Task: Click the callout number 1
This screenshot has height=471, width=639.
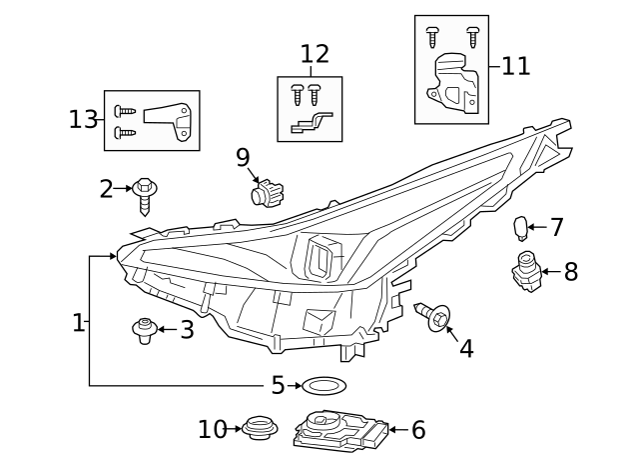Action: coord(78,322)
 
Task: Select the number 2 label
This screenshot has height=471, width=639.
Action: coord(106,188)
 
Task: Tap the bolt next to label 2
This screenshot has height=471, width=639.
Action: coord(145,193)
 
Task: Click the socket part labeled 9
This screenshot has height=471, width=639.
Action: coord(267,191)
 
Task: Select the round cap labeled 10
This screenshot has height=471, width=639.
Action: coord(259,429)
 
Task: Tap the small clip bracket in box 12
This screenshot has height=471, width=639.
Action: coord(309,124)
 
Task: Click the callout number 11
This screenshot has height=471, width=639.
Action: coord(516,66)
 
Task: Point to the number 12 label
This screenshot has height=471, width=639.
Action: coord(314,54)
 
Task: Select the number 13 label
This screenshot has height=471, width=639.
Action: coord(84,120)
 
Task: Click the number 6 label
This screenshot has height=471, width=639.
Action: coord(417,430)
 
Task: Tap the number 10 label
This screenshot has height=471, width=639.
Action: coord(213,430)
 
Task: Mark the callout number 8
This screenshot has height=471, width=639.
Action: coord(570,272)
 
